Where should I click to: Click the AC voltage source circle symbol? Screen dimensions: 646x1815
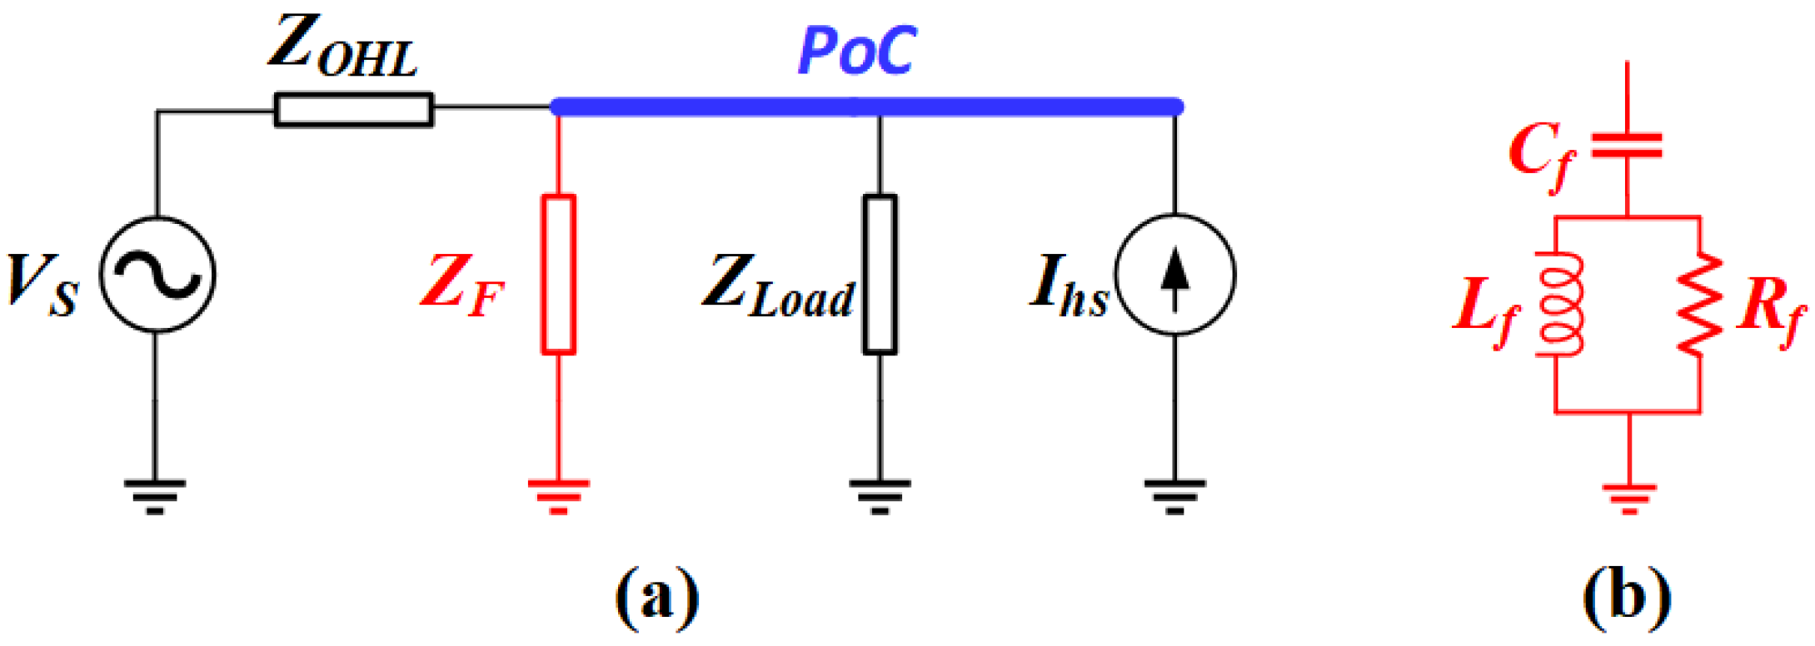[157, 275]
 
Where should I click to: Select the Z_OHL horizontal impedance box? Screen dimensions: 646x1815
[354, 110]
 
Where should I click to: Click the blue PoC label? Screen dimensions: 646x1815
[857, 52]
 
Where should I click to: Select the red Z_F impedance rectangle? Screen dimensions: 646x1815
[558, 275]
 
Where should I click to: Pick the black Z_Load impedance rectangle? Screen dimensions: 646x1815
[880, 275]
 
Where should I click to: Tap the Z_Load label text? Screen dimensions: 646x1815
[779, 287]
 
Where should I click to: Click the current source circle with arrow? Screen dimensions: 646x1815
[1174, 275]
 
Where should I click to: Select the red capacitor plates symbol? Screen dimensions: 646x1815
[1627, 146]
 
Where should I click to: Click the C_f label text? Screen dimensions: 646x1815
[1541, 154]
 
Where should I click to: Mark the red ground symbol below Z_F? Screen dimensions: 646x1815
[558, 495]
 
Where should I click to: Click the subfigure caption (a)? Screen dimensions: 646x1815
[657, 596]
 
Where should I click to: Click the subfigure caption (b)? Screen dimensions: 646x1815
[1626, 596]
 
